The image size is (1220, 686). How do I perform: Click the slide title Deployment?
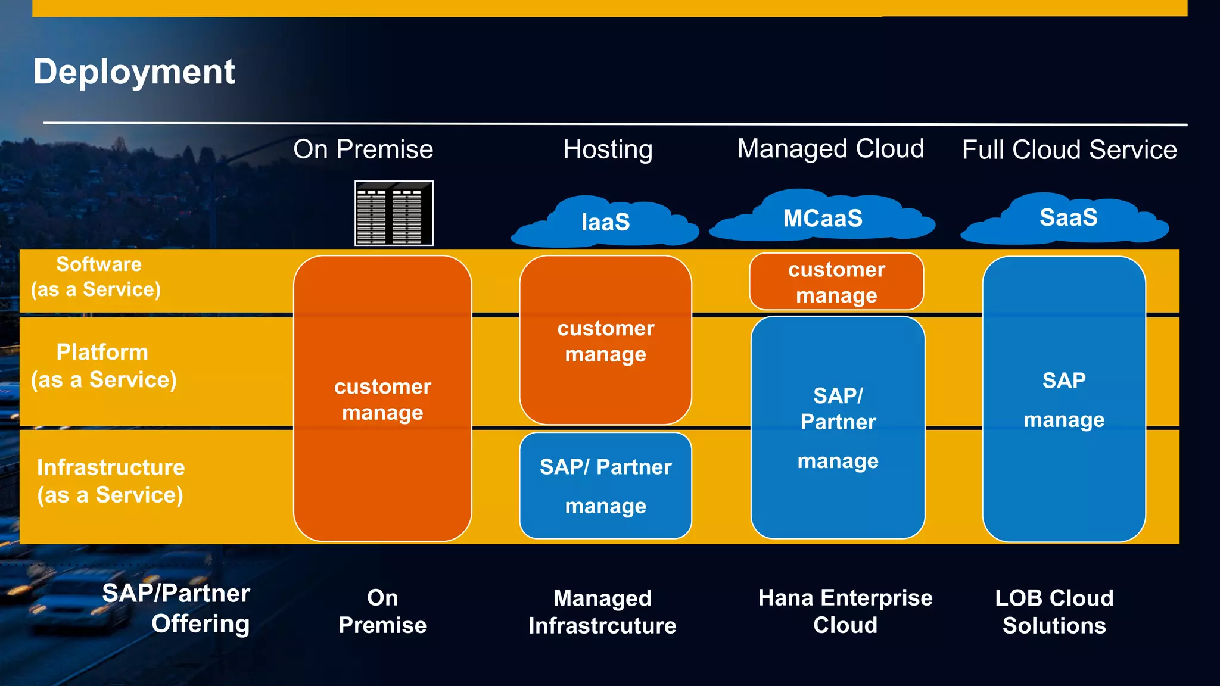click(134, 72)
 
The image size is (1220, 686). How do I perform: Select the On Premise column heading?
click(363, 149)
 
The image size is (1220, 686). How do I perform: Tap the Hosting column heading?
click(608, 149)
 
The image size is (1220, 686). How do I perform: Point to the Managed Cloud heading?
click(830, 149)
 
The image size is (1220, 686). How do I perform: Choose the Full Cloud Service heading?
click(1069, 149)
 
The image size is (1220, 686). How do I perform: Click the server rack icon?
click(394, 213)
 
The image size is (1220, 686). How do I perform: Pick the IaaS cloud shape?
click(605, 223)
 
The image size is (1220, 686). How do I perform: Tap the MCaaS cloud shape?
click(822, 219)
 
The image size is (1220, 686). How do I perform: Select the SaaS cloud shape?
click(1067, 218)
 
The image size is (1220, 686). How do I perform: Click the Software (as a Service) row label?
click(97, 277)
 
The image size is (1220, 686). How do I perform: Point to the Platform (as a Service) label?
click(104, 366)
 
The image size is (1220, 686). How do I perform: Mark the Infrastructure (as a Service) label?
click(110, 481)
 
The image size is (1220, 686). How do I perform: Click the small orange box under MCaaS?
click(836, 282)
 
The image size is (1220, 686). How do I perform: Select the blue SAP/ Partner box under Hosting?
click(605, 485)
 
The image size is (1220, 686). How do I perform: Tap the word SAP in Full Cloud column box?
click(1063, 381)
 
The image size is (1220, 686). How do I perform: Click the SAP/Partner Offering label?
click(176, 608)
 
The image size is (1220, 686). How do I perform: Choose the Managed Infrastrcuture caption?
click(602, 612)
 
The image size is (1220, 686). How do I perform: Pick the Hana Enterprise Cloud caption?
click(845, 611)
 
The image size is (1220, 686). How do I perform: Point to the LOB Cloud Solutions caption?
click(1054, 612)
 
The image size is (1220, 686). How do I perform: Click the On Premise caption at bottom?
click(382, 611)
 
